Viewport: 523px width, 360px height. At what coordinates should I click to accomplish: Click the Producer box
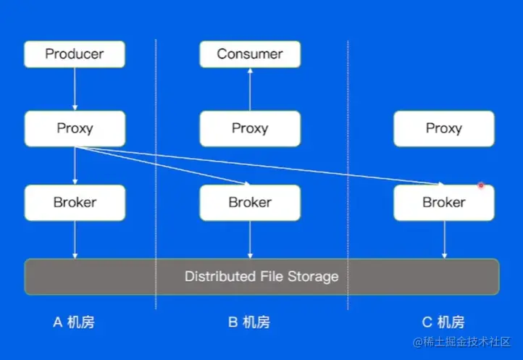75,54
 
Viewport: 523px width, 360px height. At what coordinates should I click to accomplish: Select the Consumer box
250,54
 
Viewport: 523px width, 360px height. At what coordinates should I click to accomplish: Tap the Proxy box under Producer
75,129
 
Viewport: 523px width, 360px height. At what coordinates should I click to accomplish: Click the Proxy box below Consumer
250,129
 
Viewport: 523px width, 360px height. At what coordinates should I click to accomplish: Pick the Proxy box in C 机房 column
443,129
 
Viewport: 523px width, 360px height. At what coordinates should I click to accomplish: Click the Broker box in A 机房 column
75,203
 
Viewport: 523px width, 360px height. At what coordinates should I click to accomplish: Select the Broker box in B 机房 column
250,203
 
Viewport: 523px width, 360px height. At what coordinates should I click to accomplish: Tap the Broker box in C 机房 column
443,203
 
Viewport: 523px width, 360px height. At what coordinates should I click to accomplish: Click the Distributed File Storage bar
261,276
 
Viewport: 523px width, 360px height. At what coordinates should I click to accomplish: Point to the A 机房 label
74,322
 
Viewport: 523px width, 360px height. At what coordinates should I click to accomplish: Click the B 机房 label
249,322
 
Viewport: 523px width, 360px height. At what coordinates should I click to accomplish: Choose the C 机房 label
443,322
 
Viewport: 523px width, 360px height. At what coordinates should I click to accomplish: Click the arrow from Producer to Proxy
75,89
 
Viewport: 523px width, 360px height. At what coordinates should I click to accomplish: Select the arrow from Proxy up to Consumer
250,89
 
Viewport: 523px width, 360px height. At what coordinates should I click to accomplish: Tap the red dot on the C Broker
480,185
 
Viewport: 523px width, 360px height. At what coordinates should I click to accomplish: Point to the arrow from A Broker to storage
75,239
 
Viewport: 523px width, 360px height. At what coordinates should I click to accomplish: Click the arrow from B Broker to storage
250,239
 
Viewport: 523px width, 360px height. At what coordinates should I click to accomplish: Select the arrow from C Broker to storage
443,239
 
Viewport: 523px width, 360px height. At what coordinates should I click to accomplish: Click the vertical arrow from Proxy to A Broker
75,166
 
